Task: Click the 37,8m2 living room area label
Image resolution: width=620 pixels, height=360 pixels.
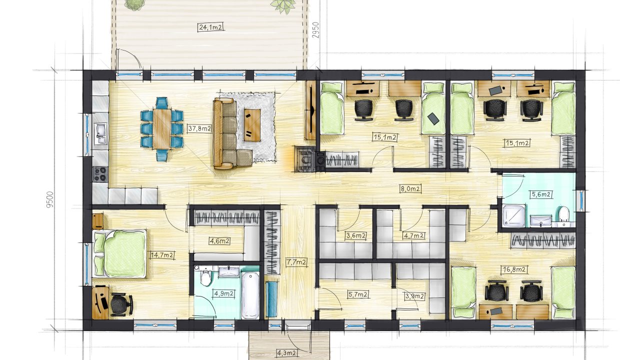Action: coord(199,128)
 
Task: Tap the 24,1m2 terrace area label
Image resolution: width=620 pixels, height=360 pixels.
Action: coord(210,27)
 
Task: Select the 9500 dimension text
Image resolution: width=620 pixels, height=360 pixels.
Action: coord(49,199)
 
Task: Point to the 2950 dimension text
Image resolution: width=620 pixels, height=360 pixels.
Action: coord(315,30)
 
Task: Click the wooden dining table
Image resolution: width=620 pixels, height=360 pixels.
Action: coord(162,129)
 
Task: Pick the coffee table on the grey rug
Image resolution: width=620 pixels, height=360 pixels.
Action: coord(252,125)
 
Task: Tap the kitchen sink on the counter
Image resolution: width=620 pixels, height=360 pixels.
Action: coord(100,133)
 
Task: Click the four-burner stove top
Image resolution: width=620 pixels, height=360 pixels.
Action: coord(100,174)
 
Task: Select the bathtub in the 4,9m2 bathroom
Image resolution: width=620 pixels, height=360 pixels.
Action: coord(250,295)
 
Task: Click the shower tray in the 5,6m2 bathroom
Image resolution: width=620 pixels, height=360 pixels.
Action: coord(513,216)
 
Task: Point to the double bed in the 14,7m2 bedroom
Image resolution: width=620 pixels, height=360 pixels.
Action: coord(119,253)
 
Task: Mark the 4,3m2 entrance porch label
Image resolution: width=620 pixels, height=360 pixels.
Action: coord(287,353)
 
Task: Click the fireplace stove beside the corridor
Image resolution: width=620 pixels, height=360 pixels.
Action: coord(305,159)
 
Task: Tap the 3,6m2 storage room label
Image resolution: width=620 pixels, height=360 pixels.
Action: coord(356,236)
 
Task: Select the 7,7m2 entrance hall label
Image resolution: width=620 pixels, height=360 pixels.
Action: coord(296,262)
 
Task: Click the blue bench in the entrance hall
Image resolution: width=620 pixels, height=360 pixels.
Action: coord(271,299)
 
